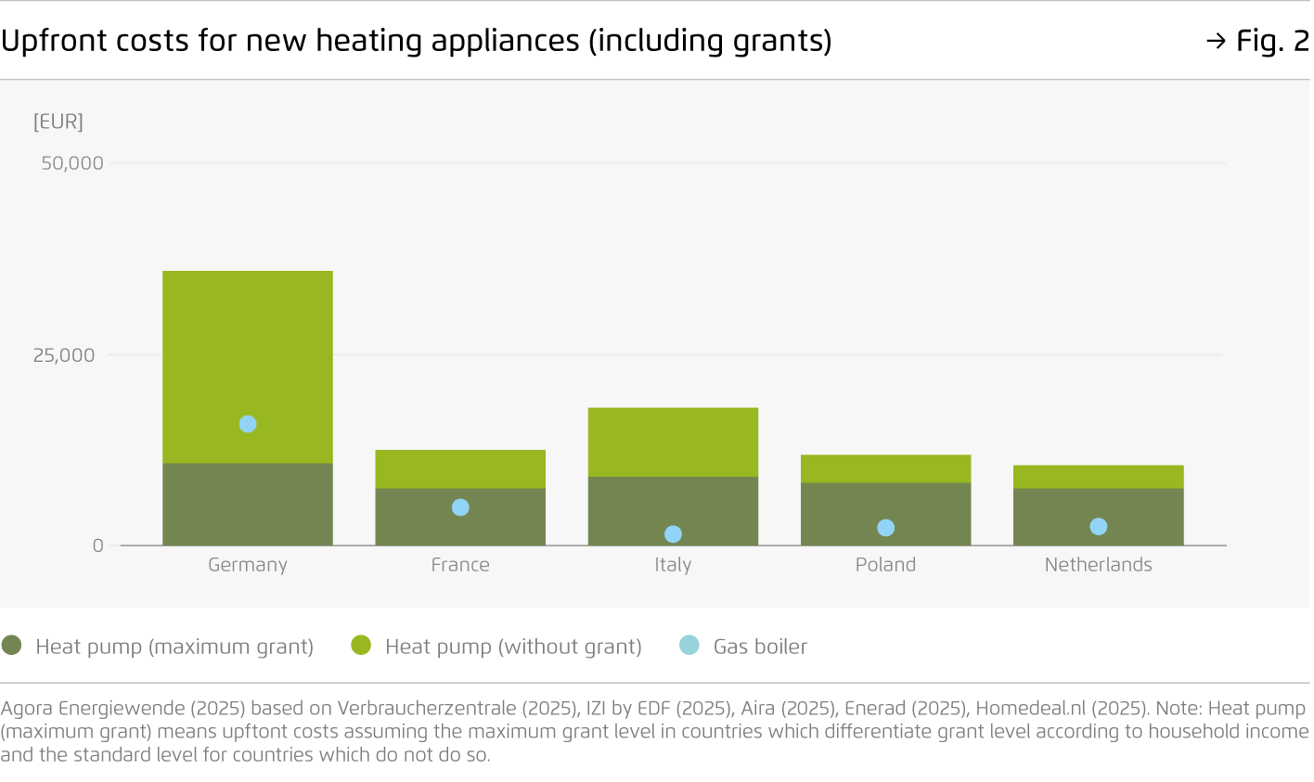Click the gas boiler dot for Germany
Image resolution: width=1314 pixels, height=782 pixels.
248,424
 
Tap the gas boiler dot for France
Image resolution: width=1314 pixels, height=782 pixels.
460,507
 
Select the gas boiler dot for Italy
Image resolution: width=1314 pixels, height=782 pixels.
673,534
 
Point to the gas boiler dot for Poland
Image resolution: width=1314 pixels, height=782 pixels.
885,528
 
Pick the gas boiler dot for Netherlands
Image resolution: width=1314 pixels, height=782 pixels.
1098,527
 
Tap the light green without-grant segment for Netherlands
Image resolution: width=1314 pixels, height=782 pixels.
1098,477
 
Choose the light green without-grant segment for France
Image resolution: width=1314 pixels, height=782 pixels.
460,469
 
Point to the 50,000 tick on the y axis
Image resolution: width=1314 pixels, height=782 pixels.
72,163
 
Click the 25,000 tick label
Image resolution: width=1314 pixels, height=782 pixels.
64,355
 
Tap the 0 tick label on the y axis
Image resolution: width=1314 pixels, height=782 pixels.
97,545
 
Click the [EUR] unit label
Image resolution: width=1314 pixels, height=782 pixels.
58,122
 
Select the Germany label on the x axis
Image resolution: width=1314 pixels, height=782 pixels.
248,565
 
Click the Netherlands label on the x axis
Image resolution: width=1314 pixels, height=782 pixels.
1098,565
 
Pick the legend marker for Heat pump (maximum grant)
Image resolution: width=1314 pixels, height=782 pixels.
12,646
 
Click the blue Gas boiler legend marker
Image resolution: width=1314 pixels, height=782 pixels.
689,646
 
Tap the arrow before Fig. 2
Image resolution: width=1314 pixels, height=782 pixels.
1216,41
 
